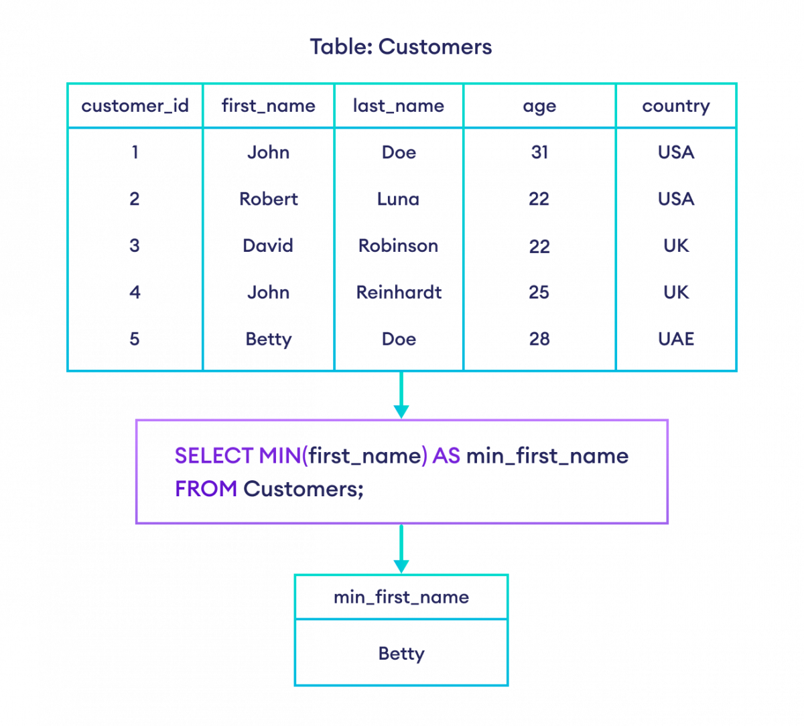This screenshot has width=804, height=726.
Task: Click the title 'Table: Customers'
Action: (x=401, y=47)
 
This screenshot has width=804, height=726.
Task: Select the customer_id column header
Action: (x=135, y=106)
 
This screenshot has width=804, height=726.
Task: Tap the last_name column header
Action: (x=399, y=106)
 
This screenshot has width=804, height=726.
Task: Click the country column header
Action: (x=675, y=106)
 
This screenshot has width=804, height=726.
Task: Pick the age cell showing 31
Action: (x=539, y=153)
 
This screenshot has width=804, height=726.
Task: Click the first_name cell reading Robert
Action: (x=268, y=199)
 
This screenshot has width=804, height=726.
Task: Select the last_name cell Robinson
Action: (x=399, y=246)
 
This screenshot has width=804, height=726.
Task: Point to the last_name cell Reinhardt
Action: (x=399, y=292)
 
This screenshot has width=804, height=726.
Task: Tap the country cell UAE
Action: (x=675, y=339)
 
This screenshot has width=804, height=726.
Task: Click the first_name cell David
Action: (x=268, y=246)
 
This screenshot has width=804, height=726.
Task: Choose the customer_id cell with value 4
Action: (x=135, y=292)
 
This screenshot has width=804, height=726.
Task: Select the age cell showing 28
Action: (x=539, y=339)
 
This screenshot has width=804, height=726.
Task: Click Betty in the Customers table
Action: (x=268, y=339)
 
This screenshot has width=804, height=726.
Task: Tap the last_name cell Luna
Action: (x=399, y=199)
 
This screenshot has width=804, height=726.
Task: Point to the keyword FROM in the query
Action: (x=206, y=489)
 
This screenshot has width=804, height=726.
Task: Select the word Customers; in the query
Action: (x=303, y=489)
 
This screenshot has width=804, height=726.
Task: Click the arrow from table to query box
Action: (x=401, y=395)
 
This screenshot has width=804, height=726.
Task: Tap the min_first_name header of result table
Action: (x=401, y=597)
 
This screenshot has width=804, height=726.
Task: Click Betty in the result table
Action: (x=401, y=653)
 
